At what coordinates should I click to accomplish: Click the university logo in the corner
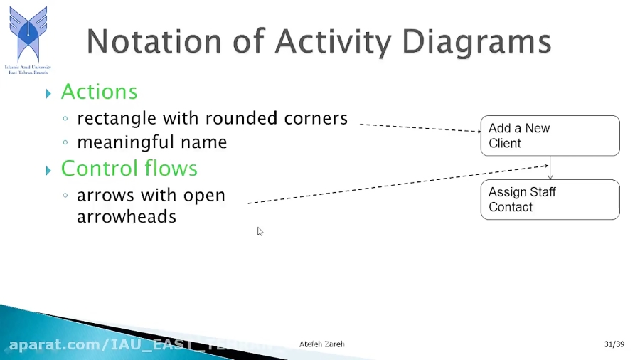pyautogui.click(x=28, y=36)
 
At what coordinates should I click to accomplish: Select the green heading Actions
pyautogui.click(x=99, y=92)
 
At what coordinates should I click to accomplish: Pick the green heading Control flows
pyautogui.click(x=129, y=169)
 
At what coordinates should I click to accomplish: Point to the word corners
pyautogui.click(x=314, y=118)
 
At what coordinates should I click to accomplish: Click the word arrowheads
pyautogui.click(x=126, y=216)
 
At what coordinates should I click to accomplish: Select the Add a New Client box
pyautogui.click(x=550, y=135)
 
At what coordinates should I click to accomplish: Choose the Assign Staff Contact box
pyautogui.click(x=550, y=199)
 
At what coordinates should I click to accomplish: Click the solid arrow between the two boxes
pyautogui.click(x=550, y=168)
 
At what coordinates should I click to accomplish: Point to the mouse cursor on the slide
pyautogui.click(x=260, y=231)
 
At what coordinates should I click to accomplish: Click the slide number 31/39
pyautogui.click(x=614, y=344)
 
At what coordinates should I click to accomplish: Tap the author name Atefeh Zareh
pyautogui.click(x=321, y=344)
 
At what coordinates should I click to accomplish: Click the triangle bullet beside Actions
pyautogui.click(x=48, y=93)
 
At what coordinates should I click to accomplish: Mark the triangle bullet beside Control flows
pyautogui.click(x=48, y=170)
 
